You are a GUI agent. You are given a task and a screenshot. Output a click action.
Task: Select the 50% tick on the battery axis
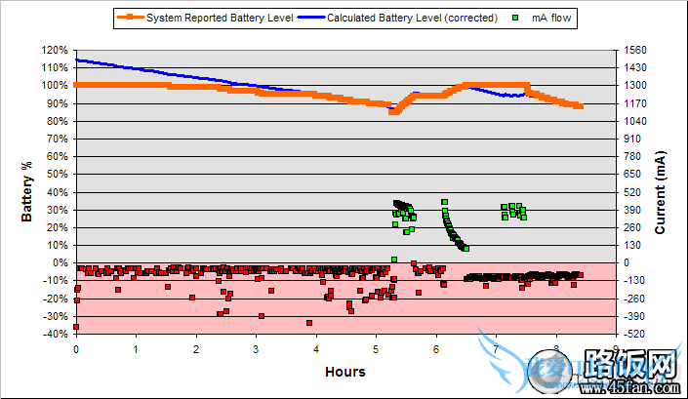tap(58, 174)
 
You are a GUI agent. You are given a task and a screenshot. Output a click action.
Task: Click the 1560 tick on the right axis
tap(634, 50)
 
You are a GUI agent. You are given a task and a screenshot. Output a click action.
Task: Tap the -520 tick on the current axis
tap(634, 334)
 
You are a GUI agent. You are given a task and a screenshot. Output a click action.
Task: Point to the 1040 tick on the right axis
tap(634, 121)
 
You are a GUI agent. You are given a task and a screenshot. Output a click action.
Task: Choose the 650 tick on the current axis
tap(632, 174)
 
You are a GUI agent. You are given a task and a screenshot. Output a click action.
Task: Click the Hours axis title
tap(345, 371)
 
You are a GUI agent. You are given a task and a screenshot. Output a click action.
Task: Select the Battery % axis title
tap(28, 191)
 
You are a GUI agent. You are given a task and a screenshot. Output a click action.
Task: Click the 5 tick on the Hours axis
tap(376, 348)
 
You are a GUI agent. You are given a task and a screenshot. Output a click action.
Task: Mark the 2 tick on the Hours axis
tap(196, 348)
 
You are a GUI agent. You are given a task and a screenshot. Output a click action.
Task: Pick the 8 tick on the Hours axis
tap(555, 348)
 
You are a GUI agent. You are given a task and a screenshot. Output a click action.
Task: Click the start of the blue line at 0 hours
tap(77, 60)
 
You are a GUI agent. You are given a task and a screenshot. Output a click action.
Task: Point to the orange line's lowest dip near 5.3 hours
tap(393, 111)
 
